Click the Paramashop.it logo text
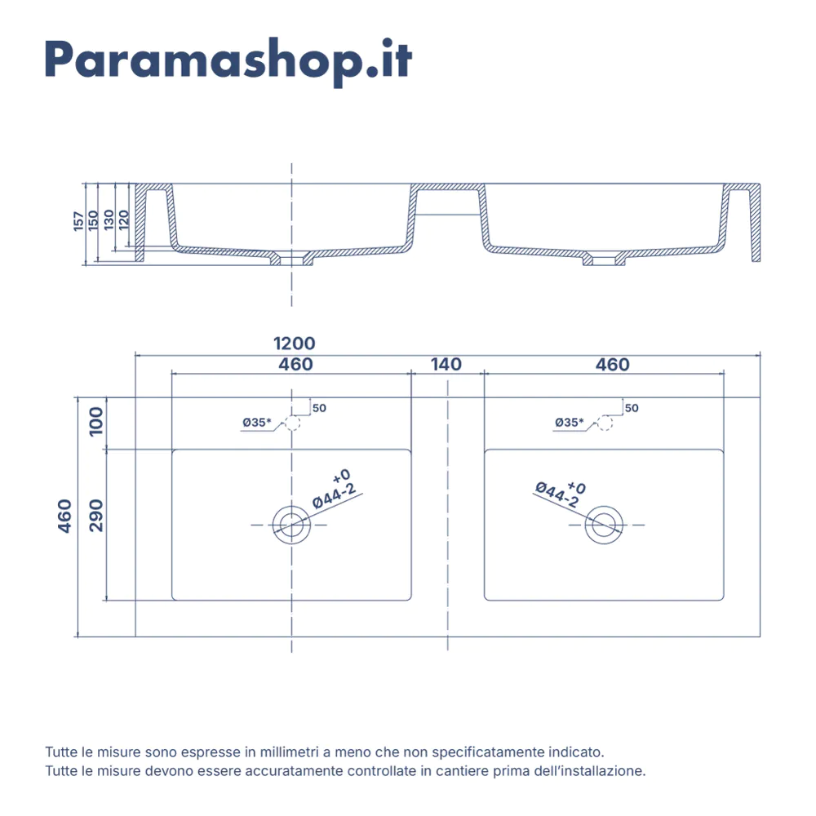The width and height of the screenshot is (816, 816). click(228, 61)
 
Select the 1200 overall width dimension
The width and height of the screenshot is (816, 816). click(294, 344)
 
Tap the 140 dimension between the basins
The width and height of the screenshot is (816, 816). click(446, 364)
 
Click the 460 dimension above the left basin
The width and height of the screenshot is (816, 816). click(295, 364)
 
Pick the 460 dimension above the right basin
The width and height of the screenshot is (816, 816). click(613, 364)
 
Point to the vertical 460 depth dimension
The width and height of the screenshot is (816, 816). click(64, 516)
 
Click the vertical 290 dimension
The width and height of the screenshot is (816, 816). click(96, 515)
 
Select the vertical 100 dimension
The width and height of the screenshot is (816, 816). click(96, 422)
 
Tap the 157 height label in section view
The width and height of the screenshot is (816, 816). click(78, 221)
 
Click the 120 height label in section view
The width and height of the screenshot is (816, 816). click(123, 220)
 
